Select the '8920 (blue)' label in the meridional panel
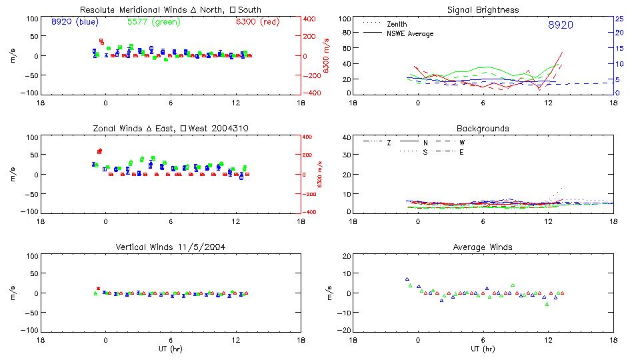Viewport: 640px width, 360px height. coord(75,21)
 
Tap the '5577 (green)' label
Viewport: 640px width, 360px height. coord(153,21)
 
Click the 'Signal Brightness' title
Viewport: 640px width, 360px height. coord(483,10)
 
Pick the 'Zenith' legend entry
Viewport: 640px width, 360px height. coord(397,24)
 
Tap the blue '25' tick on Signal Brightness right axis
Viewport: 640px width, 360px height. coord(619,19)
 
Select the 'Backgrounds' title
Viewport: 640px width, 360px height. coord(483,128)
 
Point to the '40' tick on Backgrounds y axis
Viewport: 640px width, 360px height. coord(347,137)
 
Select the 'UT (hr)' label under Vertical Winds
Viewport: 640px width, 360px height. coord(170,349)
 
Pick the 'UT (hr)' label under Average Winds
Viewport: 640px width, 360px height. coord(483,349)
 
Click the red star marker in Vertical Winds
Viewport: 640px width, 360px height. coord(98,289)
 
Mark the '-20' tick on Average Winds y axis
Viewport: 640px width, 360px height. coord(345,331)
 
